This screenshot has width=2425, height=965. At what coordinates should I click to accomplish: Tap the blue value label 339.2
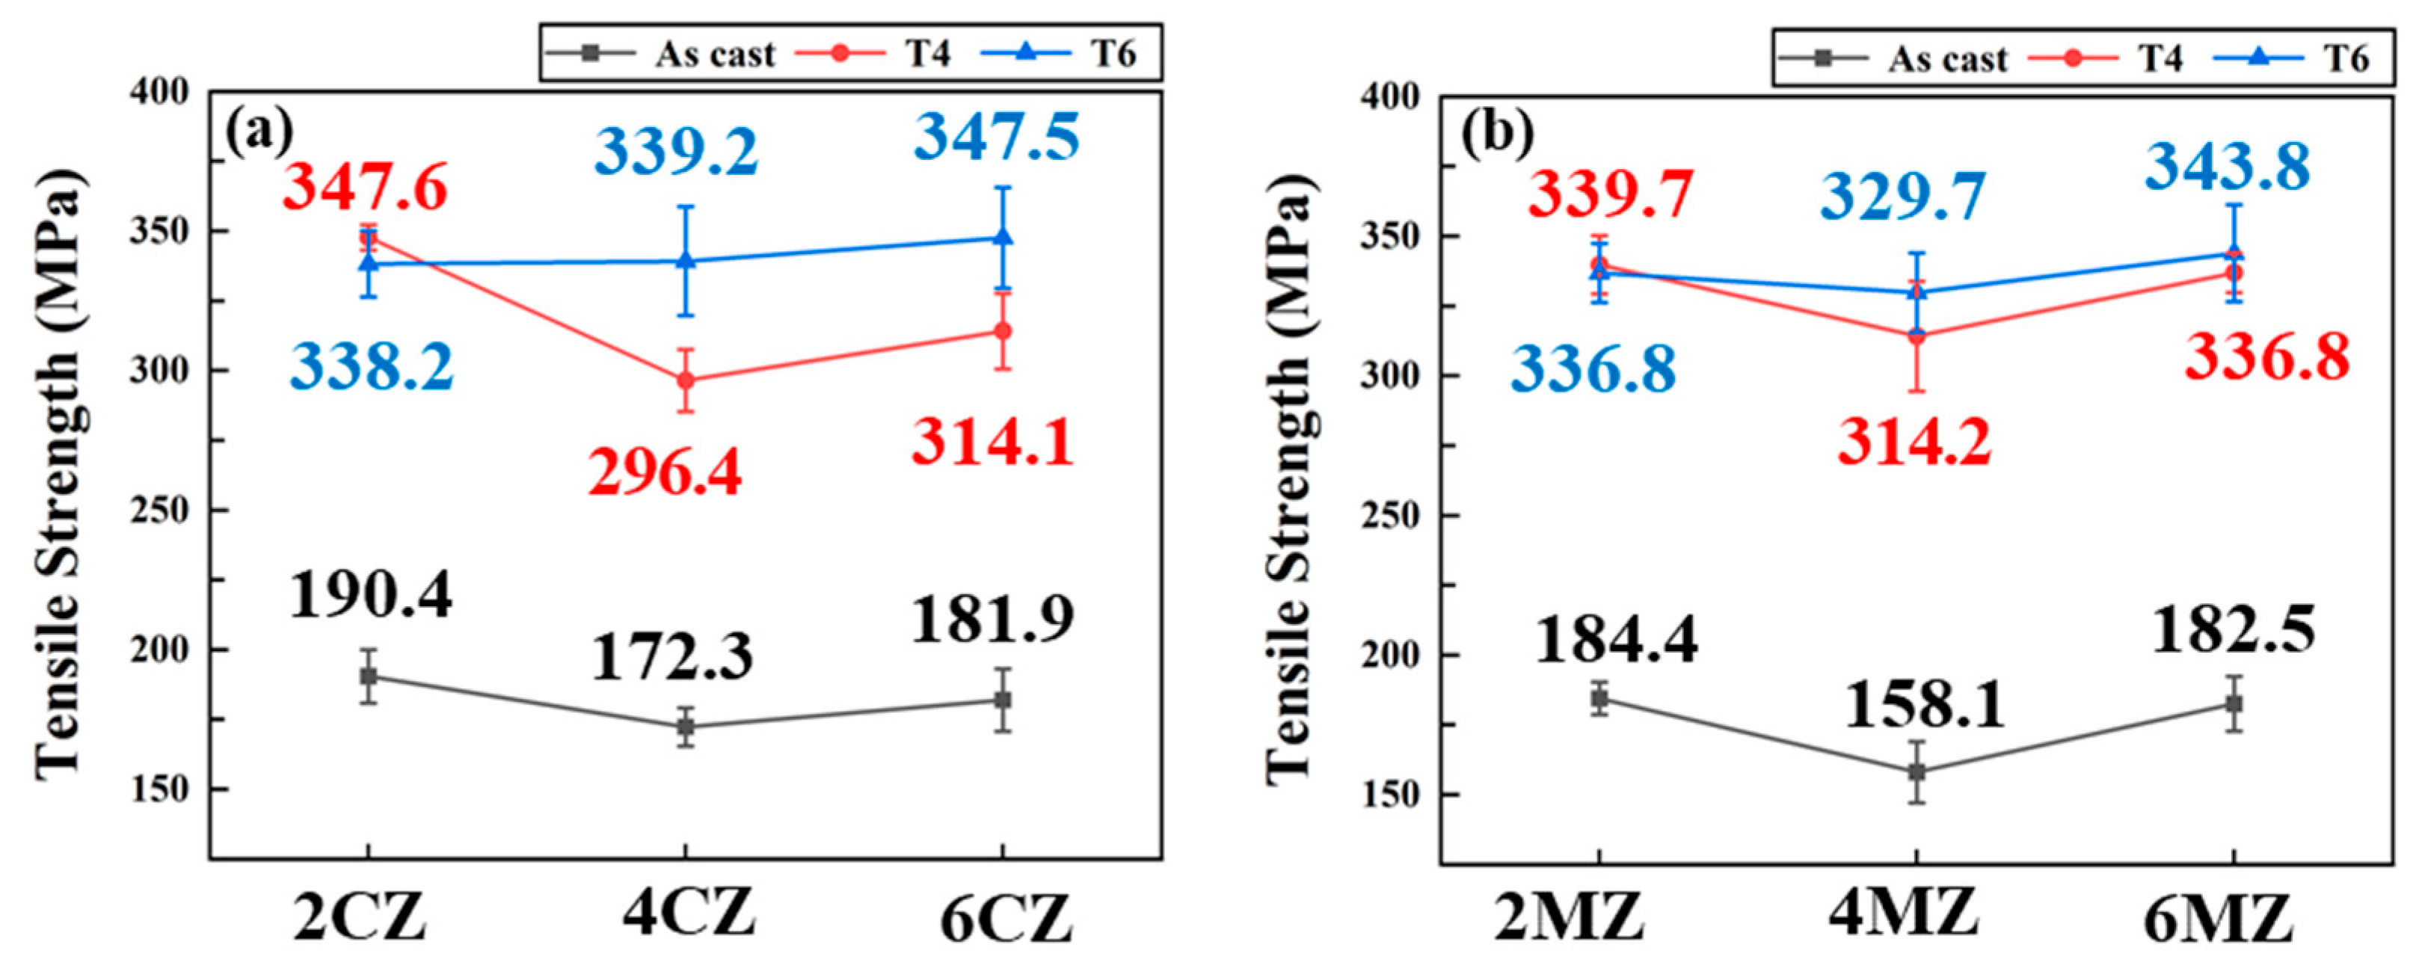click(x=676, y=152)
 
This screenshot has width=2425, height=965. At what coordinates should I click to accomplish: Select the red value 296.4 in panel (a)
click(x=665, y=472)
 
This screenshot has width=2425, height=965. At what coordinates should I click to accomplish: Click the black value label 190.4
click(x=370, y=596)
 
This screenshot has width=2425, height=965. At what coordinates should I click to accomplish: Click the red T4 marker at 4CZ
click(x=685, y=380)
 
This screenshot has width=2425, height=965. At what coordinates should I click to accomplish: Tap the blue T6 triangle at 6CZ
click(x=1003, y=236)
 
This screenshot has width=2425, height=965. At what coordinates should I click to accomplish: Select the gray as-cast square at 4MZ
click(x=1917, y=772)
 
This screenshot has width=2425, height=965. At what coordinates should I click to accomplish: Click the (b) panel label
click(x=1497, y=135)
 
